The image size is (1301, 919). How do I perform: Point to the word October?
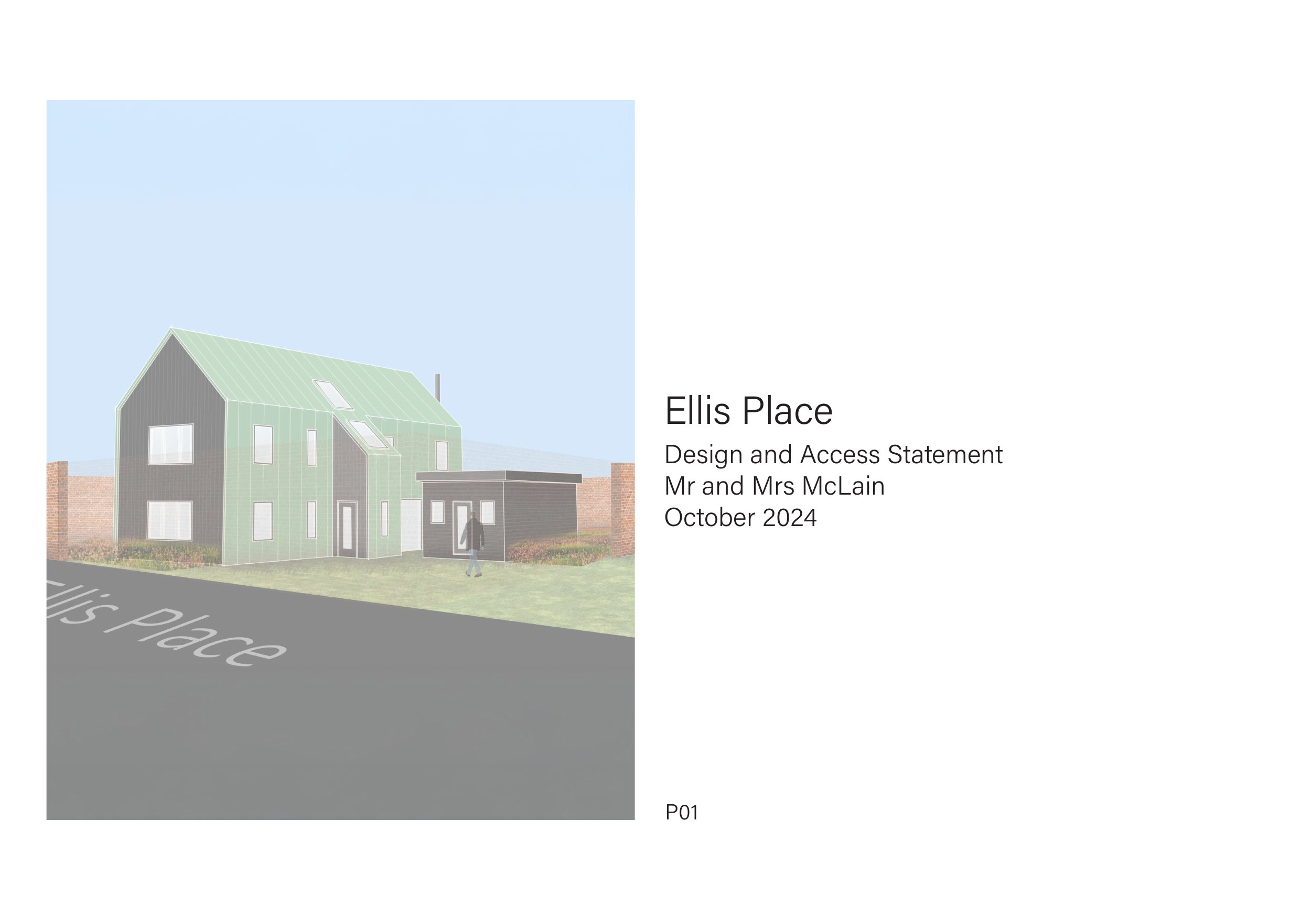click(710, 518)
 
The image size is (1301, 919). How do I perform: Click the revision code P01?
click(682, 813)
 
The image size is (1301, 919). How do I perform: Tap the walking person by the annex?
click(474, 543)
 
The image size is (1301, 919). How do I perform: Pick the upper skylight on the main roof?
click(333, 393)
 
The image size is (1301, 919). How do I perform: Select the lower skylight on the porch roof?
click(367, 434)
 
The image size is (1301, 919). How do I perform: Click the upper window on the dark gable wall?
click(171, 445)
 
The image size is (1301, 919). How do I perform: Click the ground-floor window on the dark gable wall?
click(170, 520)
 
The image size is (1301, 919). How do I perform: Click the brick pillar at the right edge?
click(622, 510)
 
